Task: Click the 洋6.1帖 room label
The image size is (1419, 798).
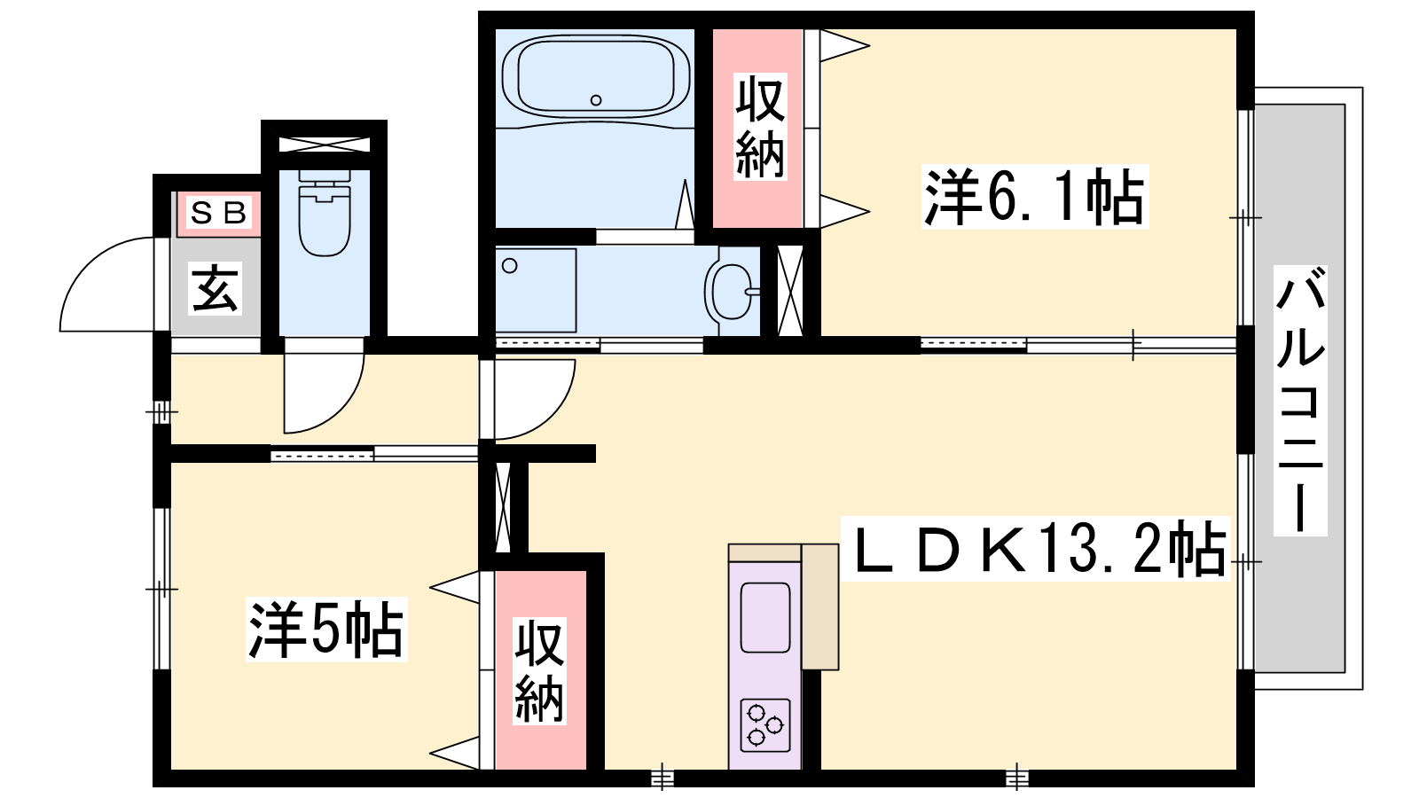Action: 1034,196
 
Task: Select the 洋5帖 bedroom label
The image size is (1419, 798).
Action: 326,630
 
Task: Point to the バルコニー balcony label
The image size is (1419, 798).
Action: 1300,401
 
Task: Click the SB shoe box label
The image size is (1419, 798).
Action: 218,214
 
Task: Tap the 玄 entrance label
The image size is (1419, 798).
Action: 216,288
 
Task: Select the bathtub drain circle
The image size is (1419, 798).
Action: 595,100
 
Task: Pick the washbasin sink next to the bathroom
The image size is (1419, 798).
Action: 732,292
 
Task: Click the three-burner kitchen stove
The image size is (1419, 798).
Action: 765,725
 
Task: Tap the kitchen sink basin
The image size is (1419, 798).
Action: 765,617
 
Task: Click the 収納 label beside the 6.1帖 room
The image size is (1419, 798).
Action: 759,127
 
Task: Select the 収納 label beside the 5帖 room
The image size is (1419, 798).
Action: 539,672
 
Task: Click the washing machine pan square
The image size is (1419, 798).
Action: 536,290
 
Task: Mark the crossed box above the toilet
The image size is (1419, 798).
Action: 325,144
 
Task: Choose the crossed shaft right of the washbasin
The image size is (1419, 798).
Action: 790,292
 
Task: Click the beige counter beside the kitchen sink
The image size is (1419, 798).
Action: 820,606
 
